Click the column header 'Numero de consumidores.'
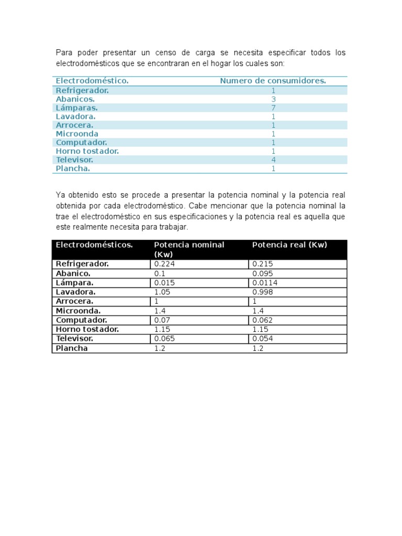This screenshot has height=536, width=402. [x=273, y=81]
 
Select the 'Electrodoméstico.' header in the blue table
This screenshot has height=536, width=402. [x=92, y=81]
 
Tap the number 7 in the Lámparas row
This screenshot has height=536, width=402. [x=273, y=108]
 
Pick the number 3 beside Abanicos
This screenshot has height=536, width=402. [x=273, y=99]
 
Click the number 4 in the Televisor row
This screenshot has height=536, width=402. [x=273, y=160]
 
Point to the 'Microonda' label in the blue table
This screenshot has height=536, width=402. [x=77, y=133]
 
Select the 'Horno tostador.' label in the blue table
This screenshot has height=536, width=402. [x=87, y=151]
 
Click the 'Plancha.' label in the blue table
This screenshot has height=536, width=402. [x=73, y=169]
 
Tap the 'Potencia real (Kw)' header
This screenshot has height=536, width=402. [x=289, y=245]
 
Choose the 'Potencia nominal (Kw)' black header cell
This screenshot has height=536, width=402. [x=189, y=249]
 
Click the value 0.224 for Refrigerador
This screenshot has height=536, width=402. [x=164, y=264]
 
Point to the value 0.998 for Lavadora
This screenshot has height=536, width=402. [x=262, y=292]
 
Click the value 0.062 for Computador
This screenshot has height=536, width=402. [x=262, y=320]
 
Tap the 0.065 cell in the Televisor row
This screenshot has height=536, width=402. [x=164, y=339]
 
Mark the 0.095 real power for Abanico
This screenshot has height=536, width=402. [x=262, y=273]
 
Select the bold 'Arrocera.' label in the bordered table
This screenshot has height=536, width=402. [x=75, y=301]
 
